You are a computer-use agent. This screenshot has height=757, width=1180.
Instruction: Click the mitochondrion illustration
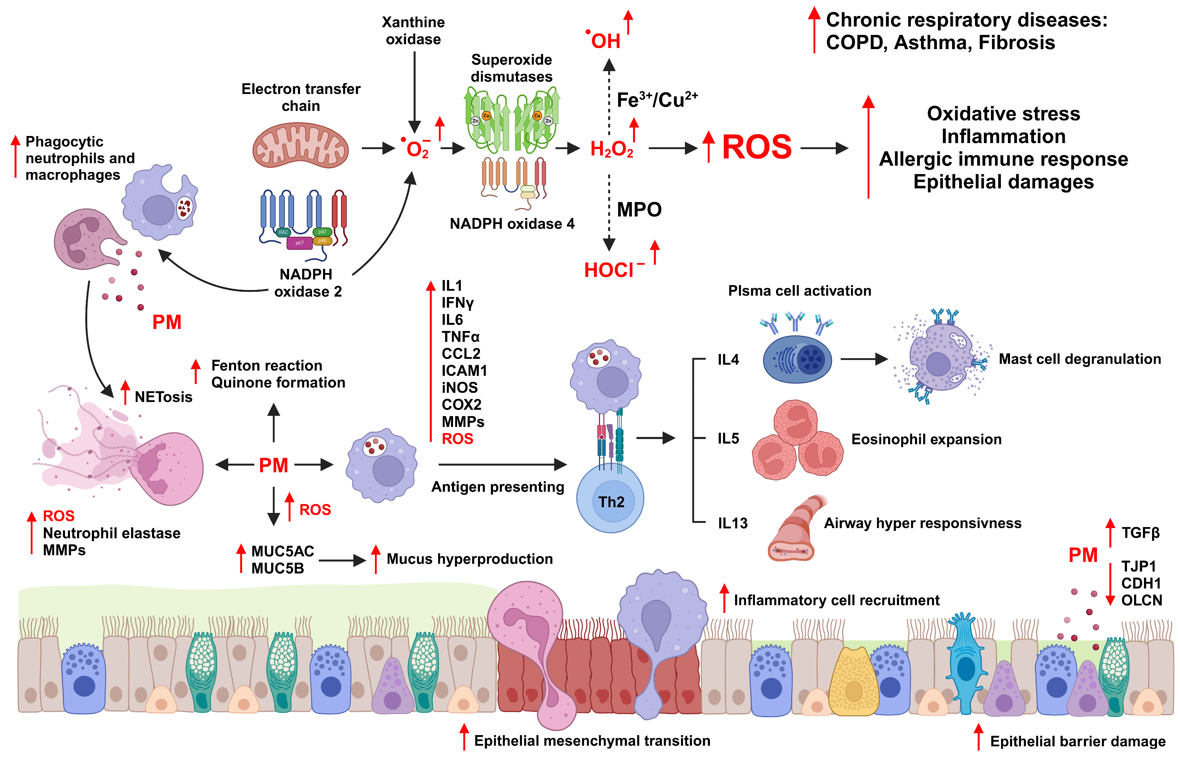pyautogui.click(x=300, y=146)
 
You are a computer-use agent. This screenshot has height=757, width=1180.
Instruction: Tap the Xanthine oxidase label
pyautogui.click(x=413, y=30)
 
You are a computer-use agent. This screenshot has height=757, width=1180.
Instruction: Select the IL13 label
pyautogui.click(x=732, y=523)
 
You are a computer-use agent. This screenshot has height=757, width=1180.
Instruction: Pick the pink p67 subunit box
pyautogui.click(x=299, y=243)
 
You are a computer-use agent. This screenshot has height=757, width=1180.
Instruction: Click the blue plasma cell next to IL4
pyautogui.click(x=797, y=359)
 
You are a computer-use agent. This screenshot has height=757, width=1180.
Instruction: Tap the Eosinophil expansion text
pyautogui.click(x=926, y=439)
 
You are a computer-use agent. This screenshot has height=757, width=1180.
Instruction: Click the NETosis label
pyautogui.click(x=163, y=397)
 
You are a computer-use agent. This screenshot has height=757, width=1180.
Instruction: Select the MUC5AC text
pyautogui.click(x=282, y=551)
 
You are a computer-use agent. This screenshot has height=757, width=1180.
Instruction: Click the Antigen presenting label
pyautogui.click(x=497, y=487)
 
